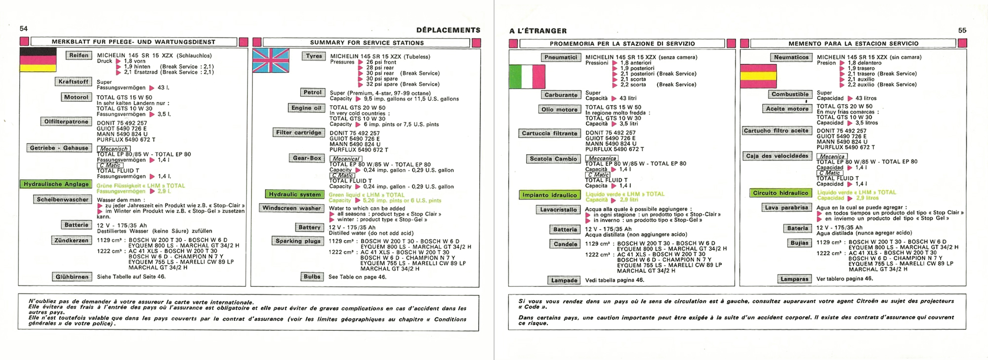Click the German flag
(38, 60)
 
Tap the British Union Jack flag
(271, 60)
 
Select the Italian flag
(527, 77)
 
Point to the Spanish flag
(758, 76)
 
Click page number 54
(24, 29)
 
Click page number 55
(962, 30)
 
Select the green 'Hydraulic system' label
(295, 194)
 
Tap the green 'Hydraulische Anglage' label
(56, 184)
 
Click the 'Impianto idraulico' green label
(549, 195)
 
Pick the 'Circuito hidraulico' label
(781, 193)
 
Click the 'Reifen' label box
(79, 55)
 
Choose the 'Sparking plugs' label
(298, 241)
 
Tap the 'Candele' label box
(565, 244)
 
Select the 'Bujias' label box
(799, 243)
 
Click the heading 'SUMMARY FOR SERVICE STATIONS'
(367, 42)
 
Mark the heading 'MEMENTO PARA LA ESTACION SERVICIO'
(854, 43)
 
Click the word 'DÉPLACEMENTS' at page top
(448, 30)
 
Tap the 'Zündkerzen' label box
(72, 240)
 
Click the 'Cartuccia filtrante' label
(550, 133)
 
